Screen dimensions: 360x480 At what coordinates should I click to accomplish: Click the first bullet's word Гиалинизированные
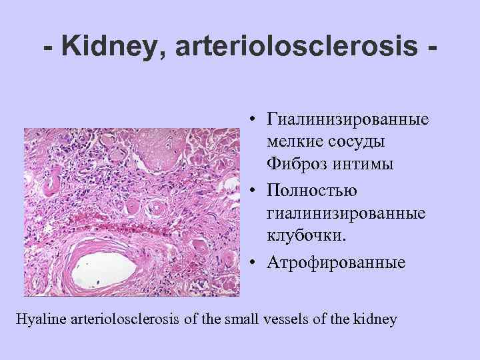click(347, 120)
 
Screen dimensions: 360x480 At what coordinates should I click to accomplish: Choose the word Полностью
click(311, 191)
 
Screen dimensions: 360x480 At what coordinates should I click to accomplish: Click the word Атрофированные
click(336, 261)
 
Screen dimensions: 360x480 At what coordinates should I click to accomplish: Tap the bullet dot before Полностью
click(255, 191)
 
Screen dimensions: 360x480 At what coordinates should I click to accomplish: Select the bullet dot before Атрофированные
click(255, 262)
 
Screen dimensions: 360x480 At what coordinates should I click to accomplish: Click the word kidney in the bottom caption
click(377, 319)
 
